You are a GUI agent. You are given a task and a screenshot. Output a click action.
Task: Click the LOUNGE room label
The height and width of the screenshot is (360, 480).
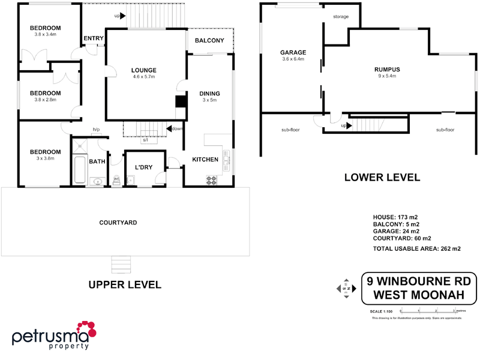(x=144, y=70)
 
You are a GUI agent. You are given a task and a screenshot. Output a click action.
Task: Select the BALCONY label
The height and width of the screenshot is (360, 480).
(x=209, y=41)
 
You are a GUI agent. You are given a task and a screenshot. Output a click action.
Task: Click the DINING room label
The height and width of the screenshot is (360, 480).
(x=210, y=94)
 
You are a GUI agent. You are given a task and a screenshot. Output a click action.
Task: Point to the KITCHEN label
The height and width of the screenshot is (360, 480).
(x=205, y=159)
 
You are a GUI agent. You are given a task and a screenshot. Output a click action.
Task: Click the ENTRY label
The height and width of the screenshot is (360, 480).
(x=94, y=38)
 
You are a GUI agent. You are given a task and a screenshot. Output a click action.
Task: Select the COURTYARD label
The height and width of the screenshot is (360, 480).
(x=118, y=223)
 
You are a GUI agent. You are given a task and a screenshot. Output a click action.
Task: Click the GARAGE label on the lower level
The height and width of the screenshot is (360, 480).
(x=293, y=52)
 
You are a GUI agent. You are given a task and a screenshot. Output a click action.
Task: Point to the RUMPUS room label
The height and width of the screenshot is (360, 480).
(x=386, y=70)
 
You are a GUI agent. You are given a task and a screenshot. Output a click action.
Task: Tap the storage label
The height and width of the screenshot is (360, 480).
(x=341, y=17)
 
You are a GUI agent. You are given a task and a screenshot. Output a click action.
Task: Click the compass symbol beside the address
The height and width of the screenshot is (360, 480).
(x=346, y=289)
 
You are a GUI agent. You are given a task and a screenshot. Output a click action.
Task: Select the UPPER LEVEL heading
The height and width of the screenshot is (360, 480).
(x=125, y=284)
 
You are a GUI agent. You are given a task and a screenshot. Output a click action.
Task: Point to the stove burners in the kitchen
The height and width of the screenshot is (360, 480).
(x=212, y=179)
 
